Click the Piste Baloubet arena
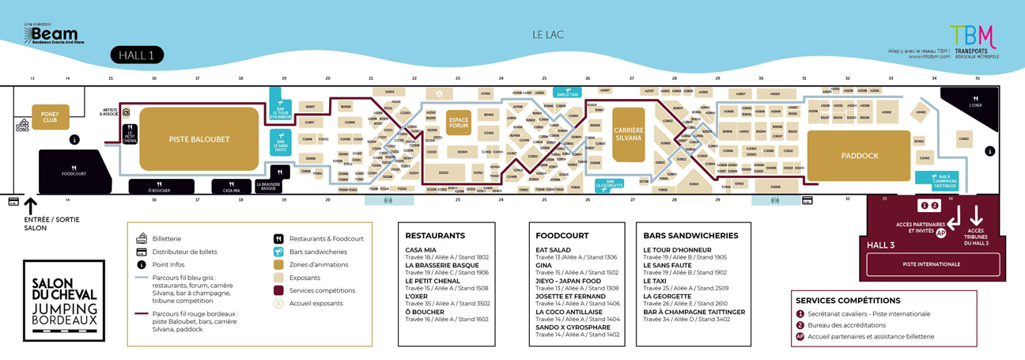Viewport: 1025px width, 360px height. coord(199,139)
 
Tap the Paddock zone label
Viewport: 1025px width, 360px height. coord(859,156)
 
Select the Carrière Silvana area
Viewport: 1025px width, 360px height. coord(630,135)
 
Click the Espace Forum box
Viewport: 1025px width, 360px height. coord(458,123)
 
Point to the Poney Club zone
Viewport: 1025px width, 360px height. coord(51,117)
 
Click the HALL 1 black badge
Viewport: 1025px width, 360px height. coord(138,55)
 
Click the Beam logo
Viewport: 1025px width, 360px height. coord(54,34)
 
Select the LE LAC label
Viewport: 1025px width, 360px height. coord(547,34)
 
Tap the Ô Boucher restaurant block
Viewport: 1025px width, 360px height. coord(161,188)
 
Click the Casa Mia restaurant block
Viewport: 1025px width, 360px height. coord(231,188)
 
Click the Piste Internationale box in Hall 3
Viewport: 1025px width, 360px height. coord(932,264)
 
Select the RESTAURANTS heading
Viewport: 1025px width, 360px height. coord(435,236)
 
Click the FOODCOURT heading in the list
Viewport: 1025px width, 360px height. coord(562,236)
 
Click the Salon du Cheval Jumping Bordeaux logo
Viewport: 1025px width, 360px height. coord(65,300)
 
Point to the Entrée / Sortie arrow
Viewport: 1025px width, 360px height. coord(31,206)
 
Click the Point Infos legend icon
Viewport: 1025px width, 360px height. coord(142,264)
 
